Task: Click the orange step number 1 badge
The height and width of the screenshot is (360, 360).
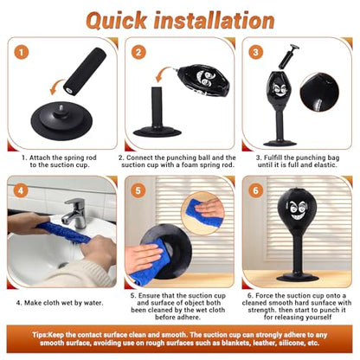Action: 21,53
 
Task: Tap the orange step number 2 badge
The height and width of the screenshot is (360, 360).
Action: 138,53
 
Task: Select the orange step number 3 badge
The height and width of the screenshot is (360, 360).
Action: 255,53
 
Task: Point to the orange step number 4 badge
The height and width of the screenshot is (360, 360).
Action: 21,190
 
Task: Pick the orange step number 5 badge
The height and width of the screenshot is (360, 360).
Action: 138,190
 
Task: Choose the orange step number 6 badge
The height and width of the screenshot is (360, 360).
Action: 255,190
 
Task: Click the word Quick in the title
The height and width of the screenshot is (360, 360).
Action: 116,21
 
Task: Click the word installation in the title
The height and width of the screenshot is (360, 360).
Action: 214,20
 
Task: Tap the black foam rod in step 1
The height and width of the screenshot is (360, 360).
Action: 85,71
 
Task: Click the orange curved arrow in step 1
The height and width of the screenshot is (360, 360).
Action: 57,87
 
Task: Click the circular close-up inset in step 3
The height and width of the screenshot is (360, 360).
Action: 319,93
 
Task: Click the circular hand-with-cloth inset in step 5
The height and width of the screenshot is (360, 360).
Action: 202,213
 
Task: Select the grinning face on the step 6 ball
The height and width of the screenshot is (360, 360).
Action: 297,209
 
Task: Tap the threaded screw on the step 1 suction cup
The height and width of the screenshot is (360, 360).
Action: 61,109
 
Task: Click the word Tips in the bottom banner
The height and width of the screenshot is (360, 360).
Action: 40,335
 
